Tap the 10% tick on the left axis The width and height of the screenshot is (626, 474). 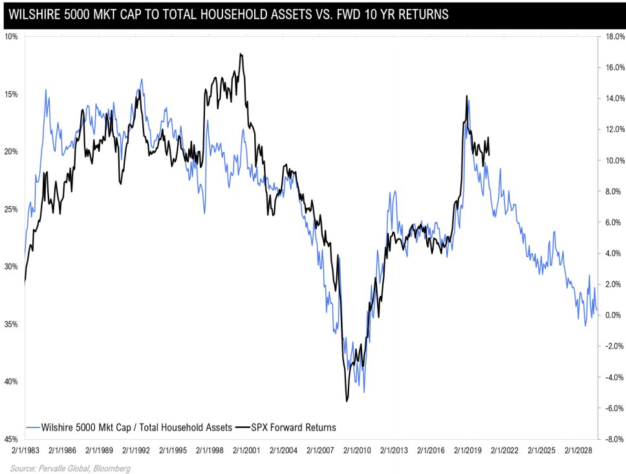11,36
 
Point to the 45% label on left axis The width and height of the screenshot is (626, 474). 11,439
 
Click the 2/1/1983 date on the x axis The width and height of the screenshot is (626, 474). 23,449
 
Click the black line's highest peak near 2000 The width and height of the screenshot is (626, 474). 241,54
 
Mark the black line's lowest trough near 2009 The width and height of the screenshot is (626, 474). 347,401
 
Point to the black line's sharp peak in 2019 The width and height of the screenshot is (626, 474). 466,96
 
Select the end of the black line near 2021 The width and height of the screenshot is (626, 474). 489,154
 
